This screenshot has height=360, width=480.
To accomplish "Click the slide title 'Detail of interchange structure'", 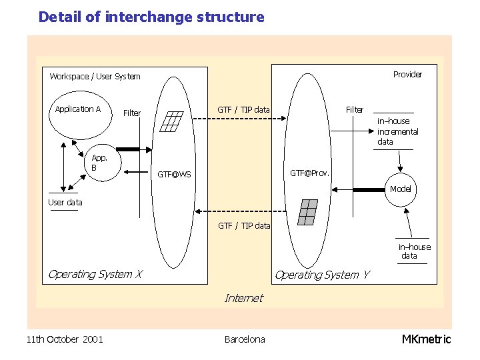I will pos(151,17).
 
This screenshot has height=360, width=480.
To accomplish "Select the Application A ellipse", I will pos(79,117).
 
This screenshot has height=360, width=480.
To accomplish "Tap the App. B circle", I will pos(99,163).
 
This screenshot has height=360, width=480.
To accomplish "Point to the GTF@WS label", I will pos(174,175).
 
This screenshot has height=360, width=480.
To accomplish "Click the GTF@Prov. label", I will pos(309,173).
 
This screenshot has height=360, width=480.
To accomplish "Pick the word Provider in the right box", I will pos(407,74).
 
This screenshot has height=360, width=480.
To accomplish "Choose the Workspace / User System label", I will pos(95,77).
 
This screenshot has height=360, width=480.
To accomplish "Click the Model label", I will pos(401,189).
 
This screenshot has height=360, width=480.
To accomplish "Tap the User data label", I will pos(65,202).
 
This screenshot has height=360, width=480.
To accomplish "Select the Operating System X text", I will pos(95,274).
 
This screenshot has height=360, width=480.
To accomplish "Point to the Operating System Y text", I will pos(322,274).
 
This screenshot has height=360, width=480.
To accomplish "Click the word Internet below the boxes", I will pos(243,298).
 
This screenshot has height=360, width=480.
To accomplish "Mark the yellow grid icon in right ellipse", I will pos(307,212).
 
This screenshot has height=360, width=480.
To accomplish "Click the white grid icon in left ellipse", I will pos(172,121).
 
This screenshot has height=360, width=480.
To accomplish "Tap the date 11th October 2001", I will pos(65,339).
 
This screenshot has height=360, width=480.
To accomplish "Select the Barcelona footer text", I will pos(245,339).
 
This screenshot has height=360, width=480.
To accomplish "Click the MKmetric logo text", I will pos(426,339).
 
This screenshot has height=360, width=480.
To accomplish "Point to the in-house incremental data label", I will pos(397,131).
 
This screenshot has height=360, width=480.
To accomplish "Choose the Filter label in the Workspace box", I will pos(132,113).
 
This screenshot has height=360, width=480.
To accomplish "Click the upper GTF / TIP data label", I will pos(243,109).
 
